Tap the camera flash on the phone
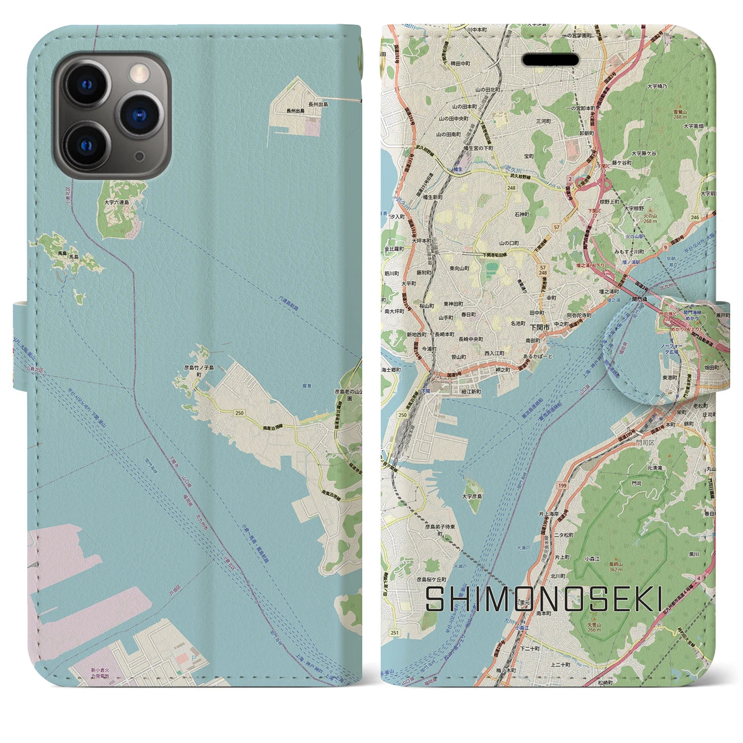(139, 72)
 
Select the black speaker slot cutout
(551, 60)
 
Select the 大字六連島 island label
(117, 203)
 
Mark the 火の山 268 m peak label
(650, 218)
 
